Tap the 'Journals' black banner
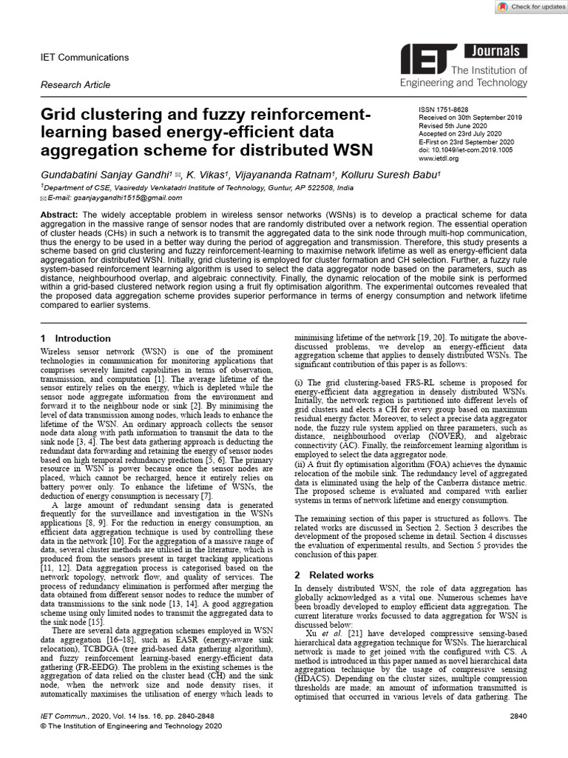[496, 51]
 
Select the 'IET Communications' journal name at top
[84, 58]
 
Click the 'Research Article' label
[75, 85]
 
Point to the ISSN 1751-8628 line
[444, 110]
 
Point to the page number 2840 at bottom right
[518, 717]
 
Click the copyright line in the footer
[130, 728]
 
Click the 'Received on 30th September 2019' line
[470, 118]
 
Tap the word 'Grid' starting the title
[61, 116]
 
